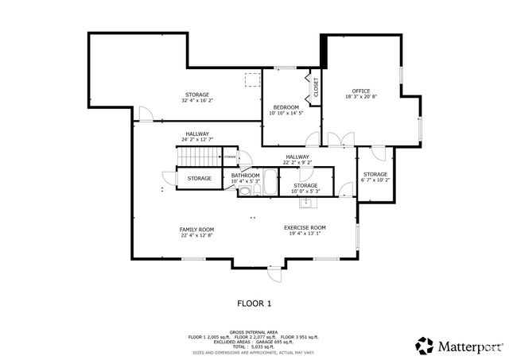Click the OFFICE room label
361,91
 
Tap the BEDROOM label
286,107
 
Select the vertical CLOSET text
316,87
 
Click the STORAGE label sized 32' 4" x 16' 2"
197,95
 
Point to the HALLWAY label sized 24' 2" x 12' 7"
197,134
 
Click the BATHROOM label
245,176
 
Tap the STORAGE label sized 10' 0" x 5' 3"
305,185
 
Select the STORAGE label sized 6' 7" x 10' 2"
375,174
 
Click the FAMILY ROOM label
196,229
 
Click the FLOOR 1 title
254,303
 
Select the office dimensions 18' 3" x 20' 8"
361,97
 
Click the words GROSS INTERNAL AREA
254,331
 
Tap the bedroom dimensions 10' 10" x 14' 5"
286,114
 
